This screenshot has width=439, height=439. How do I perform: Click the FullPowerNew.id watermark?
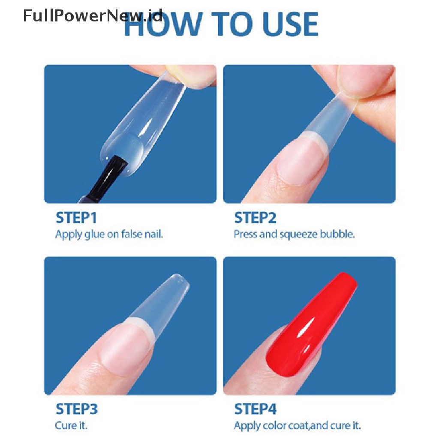point(93,17)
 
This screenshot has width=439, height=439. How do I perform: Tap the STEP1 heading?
point(76,218)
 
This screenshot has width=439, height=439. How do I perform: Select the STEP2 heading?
point(255,218)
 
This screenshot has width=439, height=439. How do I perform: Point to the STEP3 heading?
point(77,409)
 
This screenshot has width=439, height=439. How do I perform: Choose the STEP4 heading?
point(256,409)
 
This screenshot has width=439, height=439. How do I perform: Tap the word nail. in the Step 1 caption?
point(153,235)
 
